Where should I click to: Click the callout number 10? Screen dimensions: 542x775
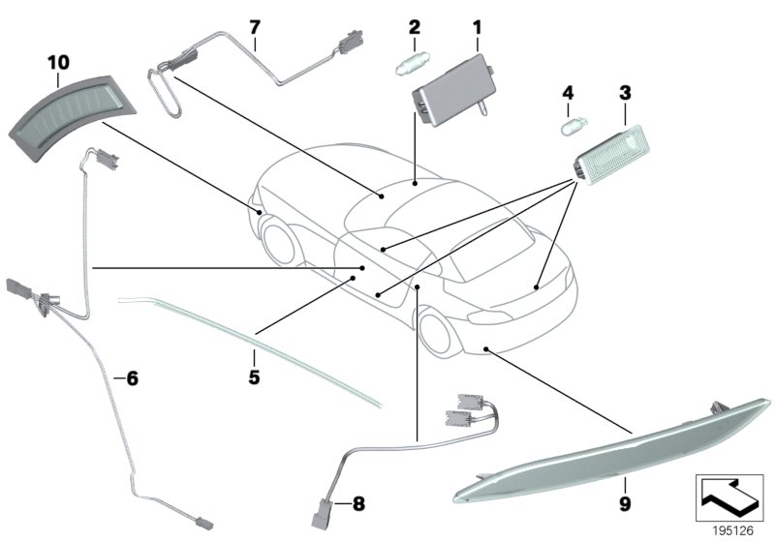tap(58, 62)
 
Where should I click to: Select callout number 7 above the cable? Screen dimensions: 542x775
tap(255, 26)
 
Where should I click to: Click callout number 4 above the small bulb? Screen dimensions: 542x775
tap(570, 93)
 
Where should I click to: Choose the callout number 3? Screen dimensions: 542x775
tap(625, 93)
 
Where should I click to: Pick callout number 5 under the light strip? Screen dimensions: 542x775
tap(254, 376)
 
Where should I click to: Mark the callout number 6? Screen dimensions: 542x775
tap(133, 378)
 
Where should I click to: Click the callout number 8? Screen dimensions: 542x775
tap(357, 503)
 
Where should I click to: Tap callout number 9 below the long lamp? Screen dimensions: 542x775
tap(625, 503)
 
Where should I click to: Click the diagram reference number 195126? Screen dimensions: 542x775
tap(731, 529)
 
